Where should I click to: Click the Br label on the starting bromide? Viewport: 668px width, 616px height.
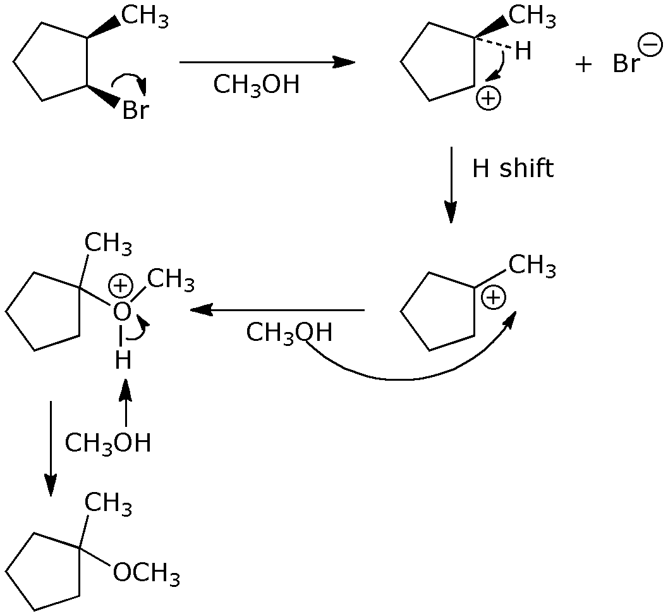[135, 111]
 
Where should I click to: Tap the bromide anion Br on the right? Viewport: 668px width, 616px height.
[626, 64]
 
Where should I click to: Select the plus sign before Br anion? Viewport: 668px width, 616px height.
[583, 65]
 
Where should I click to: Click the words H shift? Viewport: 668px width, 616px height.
[513, 168]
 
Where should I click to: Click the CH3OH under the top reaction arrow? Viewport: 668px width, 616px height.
[256, 85]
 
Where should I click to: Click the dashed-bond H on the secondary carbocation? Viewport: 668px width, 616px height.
[523, 51]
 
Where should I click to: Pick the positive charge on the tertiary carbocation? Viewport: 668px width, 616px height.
[494, 297]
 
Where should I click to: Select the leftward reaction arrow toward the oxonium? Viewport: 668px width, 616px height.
[277, 310]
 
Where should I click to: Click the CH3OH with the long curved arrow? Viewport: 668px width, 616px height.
[289, 333]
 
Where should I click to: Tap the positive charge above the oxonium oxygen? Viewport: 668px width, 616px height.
[119, 286]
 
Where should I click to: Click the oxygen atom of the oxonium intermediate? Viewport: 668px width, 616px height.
[123, 311]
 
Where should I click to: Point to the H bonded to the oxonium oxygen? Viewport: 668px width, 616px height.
[123, 360]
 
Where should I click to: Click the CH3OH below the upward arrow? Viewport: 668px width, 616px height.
[108, 443]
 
